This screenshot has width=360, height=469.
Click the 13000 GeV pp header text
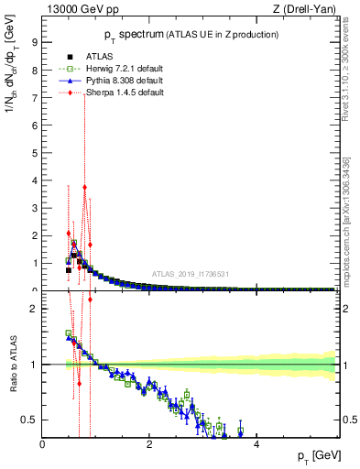tap(80, 10)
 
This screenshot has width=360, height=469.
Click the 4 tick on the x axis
tap(256, 444)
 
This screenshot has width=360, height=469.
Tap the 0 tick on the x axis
tap(43, 444)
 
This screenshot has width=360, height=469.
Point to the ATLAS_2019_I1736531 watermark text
tap(190, 273)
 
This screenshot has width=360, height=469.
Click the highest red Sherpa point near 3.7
tap(84, 187)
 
